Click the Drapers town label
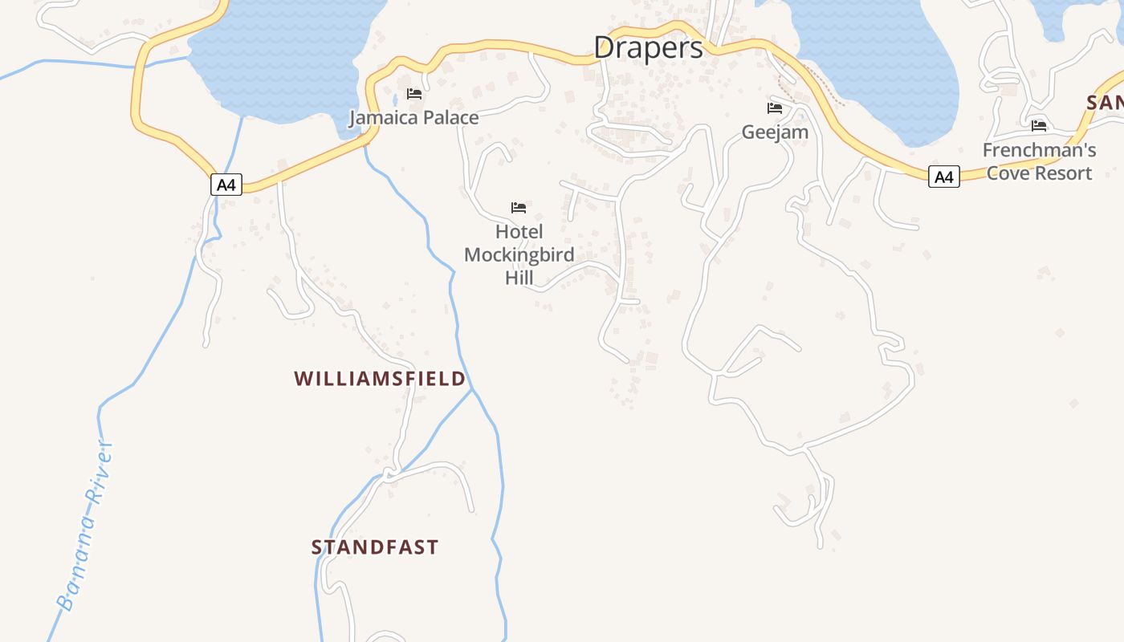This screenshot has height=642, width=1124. pyautogui.click(x=649, y=47)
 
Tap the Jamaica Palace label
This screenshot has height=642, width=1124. pyautogui.click(x=413, y=118)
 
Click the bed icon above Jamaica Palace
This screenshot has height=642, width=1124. pyautogui.click(x=414, y=94)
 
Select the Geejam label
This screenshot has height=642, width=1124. pyautogui.click(x=775, y=132)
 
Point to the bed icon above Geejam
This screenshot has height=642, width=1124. pyautogui.click(x=775, y=108)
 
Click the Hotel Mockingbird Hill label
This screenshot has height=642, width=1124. pyautogui.click(x=519, y=254)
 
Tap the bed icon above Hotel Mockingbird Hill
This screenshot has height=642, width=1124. pyautogui.click(x=519, y=208)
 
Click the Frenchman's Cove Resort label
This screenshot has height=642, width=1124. pyautogui.click(x=1039, y=161)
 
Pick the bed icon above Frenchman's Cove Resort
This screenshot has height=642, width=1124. pyautogui.click(x=1039, y=126)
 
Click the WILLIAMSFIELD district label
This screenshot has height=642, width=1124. pyautogui.click(x=380, y=378)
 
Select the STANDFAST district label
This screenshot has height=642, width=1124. pyautogui.click(x=375, y=547)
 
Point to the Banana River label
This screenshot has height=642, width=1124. pyautogui.click(x=84, y=526)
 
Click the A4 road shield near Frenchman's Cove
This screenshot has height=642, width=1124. pyautogui.click(x=944, y=177)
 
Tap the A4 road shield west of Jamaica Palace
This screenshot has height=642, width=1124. pyautogui.click(x=226, y=185)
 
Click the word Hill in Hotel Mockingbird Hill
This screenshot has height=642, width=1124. pyautogui.click(x=519, y=278)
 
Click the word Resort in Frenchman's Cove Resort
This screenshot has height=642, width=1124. pyautogui.click(x=1064, y=173)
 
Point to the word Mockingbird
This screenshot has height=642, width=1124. pyautogui.click(x=519, y=255)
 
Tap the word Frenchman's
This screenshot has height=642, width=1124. pyautogui.click(x=1039, y=150)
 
